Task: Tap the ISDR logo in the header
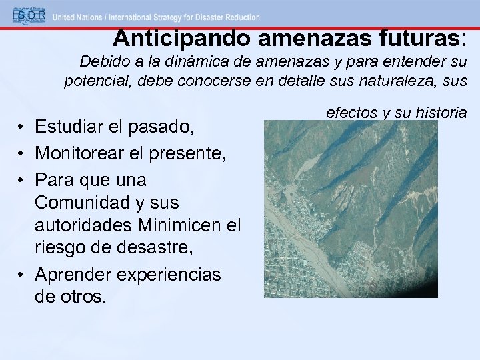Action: [24, 15]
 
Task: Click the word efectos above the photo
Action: [351, 113]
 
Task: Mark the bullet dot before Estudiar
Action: [22, 127]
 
